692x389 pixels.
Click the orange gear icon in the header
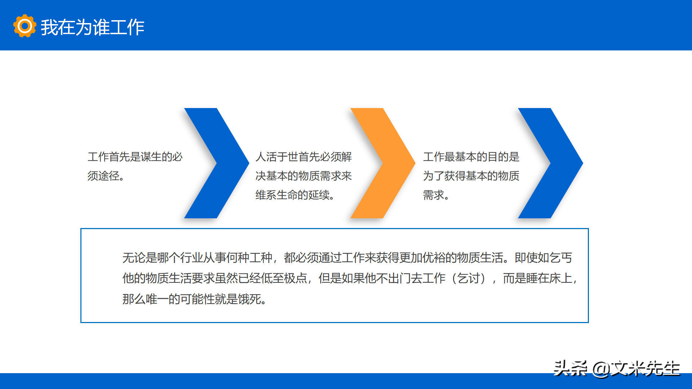point(25,26)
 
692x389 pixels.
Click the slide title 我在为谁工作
point(92,27)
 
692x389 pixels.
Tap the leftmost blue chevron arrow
point(217,163)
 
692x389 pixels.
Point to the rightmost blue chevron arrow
point(550,163)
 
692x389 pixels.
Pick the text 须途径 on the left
point(103,176)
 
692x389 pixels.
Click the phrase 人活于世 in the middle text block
point(277,157)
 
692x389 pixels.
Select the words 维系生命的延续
point(293,195)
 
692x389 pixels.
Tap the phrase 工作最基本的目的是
point(471,157)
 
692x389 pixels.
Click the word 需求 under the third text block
point(434,195)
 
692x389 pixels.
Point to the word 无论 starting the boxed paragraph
point(134,258)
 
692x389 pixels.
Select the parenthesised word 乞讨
point(469,278)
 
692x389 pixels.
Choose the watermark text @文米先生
point(636,368)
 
